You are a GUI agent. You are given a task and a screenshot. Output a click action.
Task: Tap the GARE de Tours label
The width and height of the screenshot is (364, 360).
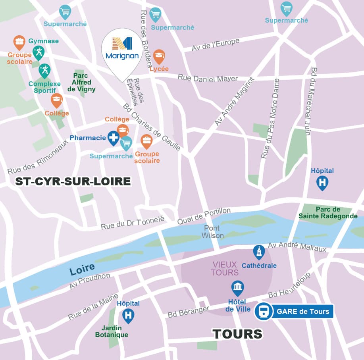point(303,312)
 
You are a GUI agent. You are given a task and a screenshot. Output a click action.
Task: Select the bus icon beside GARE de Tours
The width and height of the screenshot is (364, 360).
point(263,312)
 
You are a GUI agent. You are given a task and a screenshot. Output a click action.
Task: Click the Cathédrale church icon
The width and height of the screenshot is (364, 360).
point(259,252)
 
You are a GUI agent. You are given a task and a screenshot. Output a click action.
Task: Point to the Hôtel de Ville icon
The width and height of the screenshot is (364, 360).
point(237,287)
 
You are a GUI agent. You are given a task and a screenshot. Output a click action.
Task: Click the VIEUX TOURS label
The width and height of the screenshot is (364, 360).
point(225,268)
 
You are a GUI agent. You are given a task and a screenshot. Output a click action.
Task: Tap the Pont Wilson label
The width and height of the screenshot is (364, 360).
point(212,232)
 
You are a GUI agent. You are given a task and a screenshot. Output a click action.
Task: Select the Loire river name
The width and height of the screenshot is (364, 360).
point(82,269)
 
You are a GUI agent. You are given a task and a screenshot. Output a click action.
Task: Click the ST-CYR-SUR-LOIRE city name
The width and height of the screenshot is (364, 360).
point(73,182)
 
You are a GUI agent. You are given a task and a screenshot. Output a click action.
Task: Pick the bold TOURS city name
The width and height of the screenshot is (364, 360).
point(237,334)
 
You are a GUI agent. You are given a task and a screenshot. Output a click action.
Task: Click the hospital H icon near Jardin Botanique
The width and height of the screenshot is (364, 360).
point(128,315)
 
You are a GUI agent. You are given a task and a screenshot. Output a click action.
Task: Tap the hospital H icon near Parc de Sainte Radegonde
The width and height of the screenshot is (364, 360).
point(322,183)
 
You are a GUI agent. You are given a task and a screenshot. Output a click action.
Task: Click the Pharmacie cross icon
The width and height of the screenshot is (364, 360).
point(114,138)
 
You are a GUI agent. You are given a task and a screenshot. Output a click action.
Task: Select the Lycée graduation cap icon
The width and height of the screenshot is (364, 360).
point(159,56)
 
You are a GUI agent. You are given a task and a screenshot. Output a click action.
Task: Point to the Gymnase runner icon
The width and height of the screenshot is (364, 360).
point(39,52)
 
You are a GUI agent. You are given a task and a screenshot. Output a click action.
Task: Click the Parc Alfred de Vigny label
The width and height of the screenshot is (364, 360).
point(81,82)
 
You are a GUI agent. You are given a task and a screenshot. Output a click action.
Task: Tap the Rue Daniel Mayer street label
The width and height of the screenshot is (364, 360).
point(208,78)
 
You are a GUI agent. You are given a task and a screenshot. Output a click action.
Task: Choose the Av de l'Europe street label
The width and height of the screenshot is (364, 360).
point(216,44)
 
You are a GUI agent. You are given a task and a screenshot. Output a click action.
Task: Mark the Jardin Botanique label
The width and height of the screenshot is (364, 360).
point(112,331)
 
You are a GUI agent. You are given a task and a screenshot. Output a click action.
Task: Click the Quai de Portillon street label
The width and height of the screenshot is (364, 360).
point(204,216)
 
